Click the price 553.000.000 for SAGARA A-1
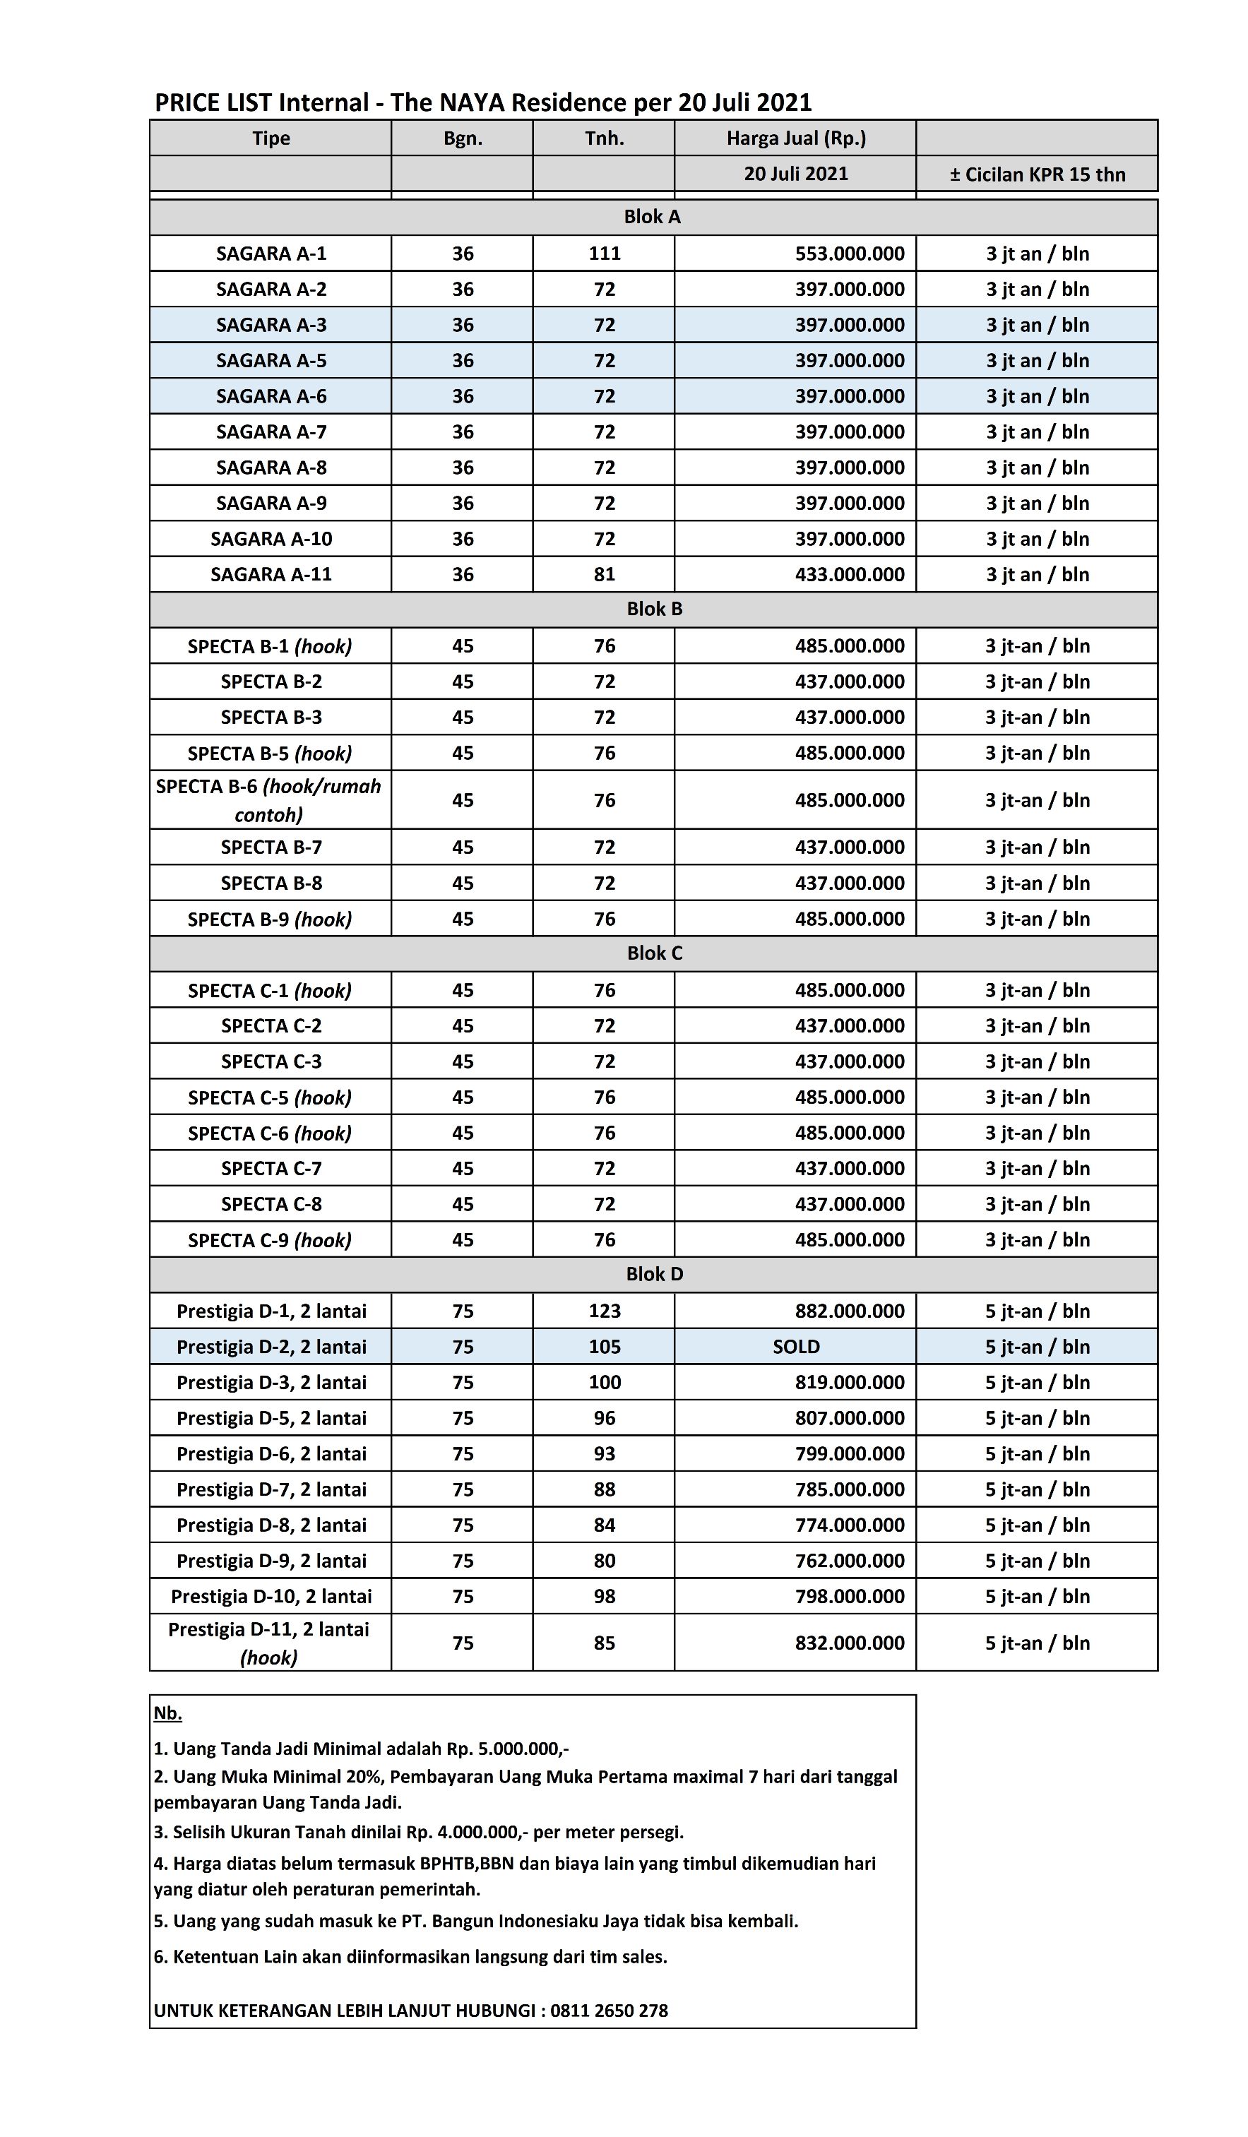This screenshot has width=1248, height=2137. (849, 254)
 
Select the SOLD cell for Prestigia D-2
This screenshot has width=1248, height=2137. (795, 1347)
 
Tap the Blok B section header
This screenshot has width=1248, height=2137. (654, 609)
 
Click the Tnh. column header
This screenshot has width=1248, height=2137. (604, 138)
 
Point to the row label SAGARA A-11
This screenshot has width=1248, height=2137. (271, 574)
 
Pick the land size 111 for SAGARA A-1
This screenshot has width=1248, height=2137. (604, 254)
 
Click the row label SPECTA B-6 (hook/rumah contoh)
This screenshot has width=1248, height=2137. (269, 799)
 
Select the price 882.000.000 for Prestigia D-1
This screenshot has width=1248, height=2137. (849, 1311)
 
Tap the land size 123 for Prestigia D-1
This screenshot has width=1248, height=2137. (604, 1311)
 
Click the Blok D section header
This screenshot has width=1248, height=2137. (654, 1274)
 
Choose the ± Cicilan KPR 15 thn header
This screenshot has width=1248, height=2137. (1037, 174)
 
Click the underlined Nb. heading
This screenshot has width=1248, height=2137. (168, 1714)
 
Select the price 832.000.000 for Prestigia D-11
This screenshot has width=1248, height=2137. (849, 1643)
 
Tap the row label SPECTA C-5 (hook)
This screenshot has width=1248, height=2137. (270, 1097)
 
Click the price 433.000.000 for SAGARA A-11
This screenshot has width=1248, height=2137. (849, 574)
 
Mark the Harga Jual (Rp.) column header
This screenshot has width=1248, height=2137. (795, 138)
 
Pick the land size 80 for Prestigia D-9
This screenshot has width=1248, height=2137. (604, 1560)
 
